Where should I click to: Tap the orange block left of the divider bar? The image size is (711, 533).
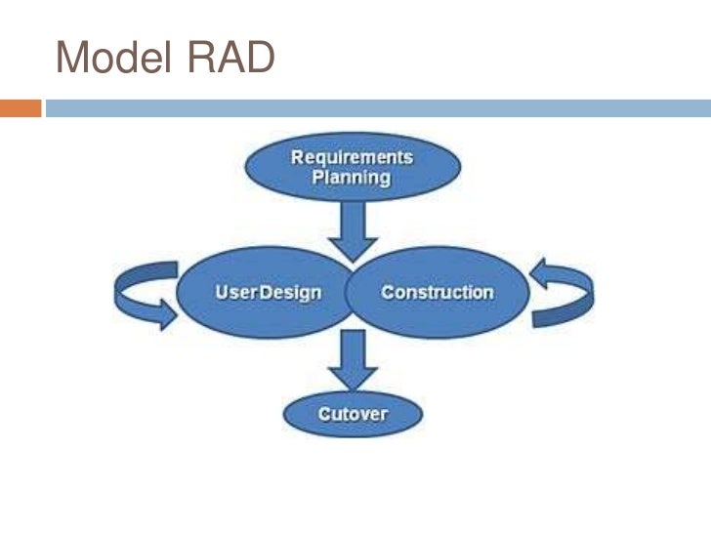pos(21,108)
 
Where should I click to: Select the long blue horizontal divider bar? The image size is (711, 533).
pos(377,108)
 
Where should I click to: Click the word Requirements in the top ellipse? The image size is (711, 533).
pos(352,157)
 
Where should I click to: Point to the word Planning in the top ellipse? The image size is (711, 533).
pos(352,179)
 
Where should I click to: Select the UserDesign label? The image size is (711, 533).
pos(268,292)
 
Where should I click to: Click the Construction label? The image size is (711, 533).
pos(437,292)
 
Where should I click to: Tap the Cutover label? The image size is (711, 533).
pos(352,414)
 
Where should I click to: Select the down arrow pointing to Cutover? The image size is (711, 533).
pos(352,362)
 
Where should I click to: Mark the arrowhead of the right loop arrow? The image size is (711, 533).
pos(539,270)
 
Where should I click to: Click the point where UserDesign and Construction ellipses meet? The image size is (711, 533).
pos(352,292)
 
